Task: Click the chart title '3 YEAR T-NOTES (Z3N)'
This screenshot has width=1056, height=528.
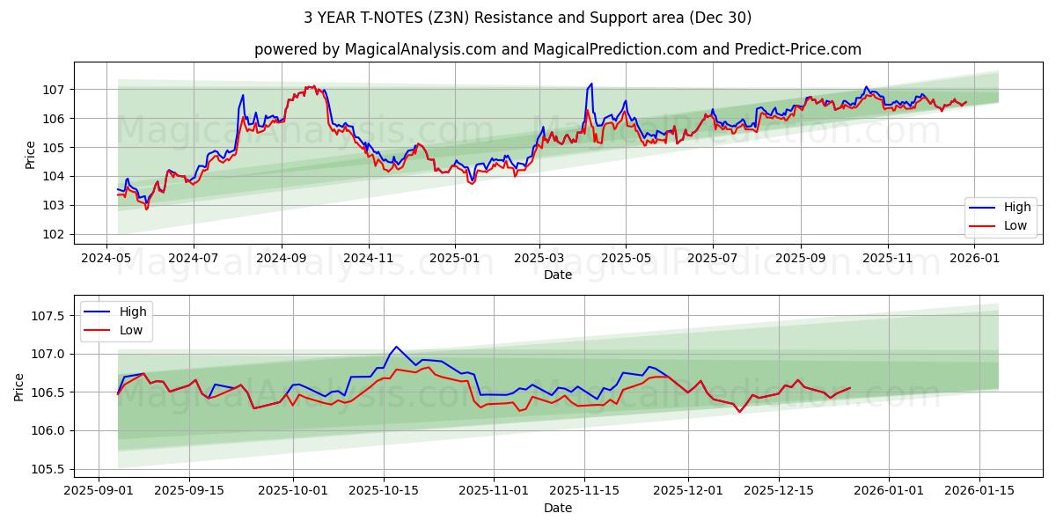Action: pos(527,18)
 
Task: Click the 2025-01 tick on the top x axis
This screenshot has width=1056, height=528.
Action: pos(455,258)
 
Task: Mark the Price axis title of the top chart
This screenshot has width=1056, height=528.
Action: pos(31,154)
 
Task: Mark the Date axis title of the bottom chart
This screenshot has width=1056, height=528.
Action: pos(558,508)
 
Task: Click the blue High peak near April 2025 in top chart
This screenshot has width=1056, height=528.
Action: pos(591,84)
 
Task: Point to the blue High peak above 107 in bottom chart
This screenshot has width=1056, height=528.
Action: pos(396,347)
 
